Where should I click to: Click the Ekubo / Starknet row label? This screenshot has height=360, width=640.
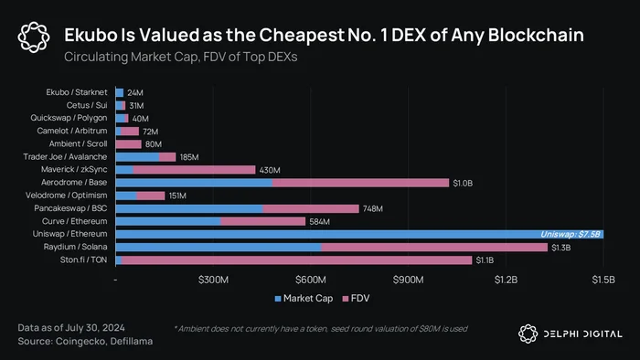point(77,92)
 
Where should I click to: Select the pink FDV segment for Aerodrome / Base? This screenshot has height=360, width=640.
point(360,183)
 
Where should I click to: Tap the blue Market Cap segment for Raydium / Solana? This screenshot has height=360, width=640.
point(219,247)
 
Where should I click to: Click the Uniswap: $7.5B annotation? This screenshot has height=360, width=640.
point(571,234)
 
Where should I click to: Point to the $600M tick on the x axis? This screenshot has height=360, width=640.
point(311,280)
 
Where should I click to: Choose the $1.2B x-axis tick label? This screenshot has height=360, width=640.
point(506,280)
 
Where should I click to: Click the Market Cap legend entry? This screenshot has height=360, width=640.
point(304,299)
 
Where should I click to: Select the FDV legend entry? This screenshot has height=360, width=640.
point(356,299)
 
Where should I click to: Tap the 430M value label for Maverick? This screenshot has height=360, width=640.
point(270,170)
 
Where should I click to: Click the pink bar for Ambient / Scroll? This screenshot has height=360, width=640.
point(129,144)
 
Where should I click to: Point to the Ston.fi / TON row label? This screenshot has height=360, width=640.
point(84,259)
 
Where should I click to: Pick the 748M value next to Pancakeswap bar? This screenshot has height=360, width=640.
point(373,208)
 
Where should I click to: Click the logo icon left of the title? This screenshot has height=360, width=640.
point(34,37)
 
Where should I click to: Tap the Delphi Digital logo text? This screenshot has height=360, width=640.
point(583,334)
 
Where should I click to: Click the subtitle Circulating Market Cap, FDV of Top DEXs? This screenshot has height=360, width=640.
point(181,57)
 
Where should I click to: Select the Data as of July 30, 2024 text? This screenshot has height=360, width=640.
point(71,328)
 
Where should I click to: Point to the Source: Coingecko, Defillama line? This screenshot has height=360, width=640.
point(85,341)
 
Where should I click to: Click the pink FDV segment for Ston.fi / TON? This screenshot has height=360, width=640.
point(297,260)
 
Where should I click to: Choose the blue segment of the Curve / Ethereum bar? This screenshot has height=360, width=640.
point(168,221)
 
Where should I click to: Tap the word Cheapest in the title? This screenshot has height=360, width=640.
point(302,36)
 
